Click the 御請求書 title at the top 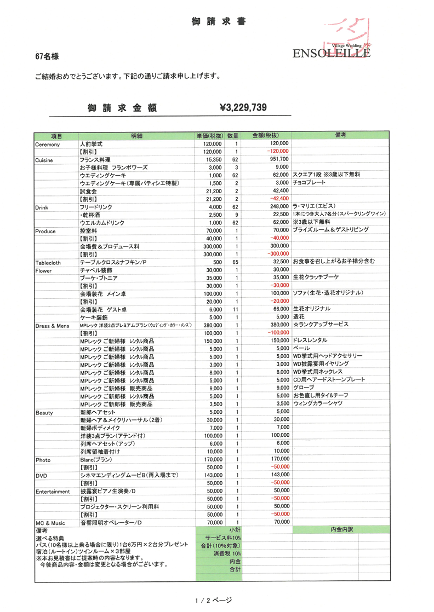coord(219,22)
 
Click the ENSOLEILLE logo coord(331,53)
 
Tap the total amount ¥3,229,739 coord(243,108)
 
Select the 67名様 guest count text coord(47,56)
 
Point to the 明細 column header coord(136,136)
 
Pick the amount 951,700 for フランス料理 coord(278,159)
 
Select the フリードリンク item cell coord(98,207)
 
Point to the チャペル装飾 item coord(96,270)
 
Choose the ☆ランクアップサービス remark coord(321,325)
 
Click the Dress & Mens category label coord(53,326)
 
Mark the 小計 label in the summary coord(235,530)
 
